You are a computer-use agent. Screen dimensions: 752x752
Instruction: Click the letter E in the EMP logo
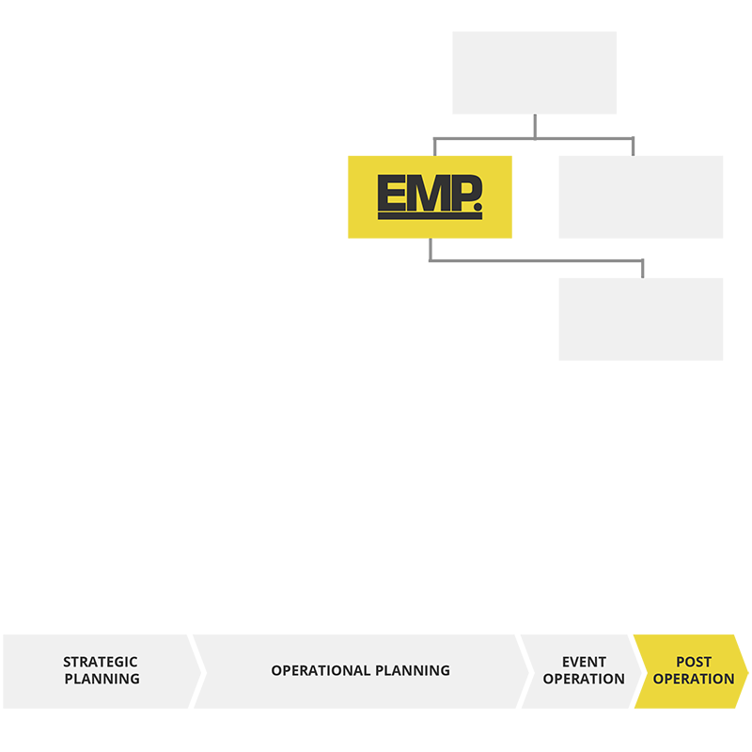[390, 193]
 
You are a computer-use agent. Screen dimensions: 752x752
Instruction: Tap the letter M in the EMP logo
[423, 193]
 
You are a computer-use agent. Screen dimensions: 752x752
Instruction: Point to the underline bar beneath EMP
[430, 216]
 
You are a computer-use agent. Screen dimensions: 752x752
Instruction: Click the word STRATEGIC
[101, 663]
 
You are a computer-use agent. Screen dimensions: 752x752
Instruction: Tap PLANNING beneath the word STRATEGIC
[102, 679]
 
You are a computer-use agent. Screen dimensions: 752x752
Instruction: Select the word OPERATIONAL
[321, 671]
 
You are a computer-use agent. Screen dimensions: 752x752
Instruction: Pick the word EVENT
[584, 663]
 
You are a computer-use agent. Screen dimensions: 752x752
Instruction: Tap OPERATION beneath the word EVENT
[584, 679]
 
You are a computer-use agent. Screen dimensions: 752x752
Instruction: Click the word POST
[694, 663]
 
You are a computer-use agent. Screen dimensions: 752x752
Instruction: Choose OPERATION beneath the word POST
[694, 679]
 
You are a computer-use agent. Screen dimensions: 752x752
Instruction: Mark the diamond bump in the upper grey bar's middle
[535, 126]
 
